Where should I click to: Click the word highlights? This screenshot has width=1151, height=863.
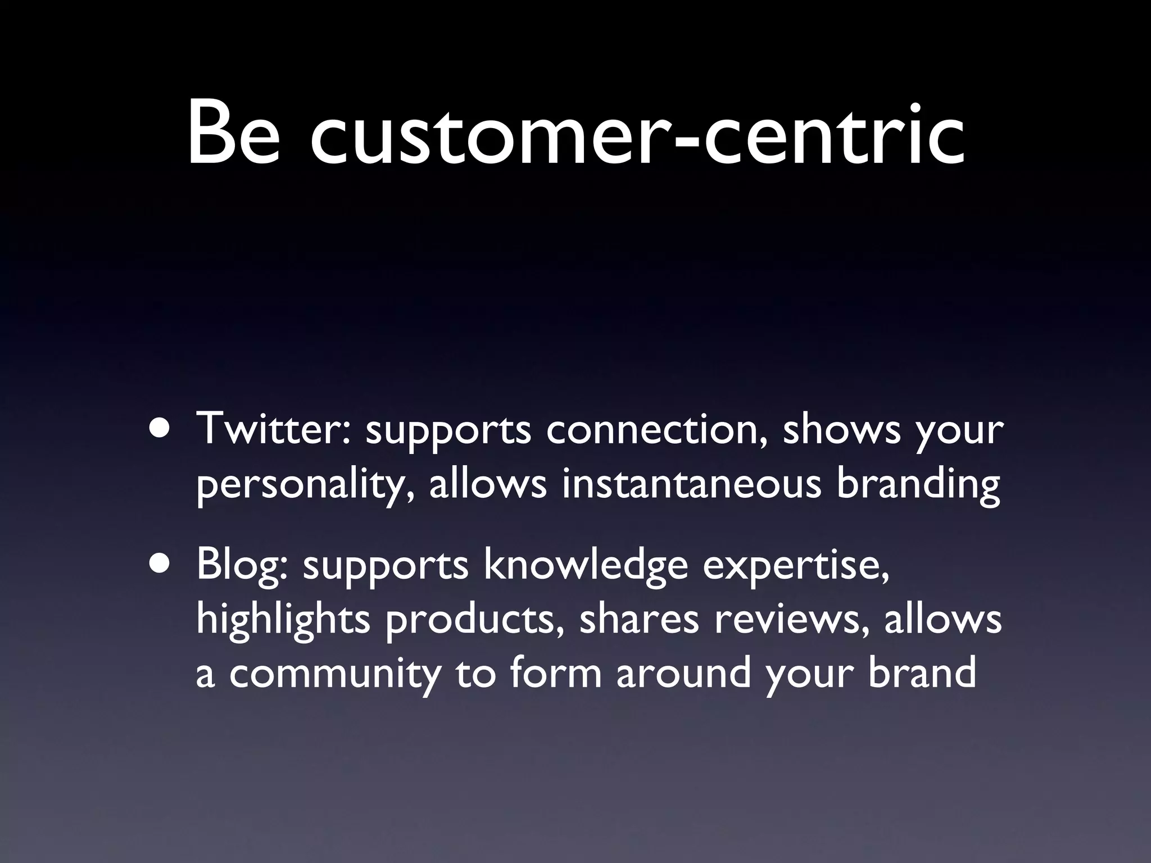[x=283, y=620]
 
